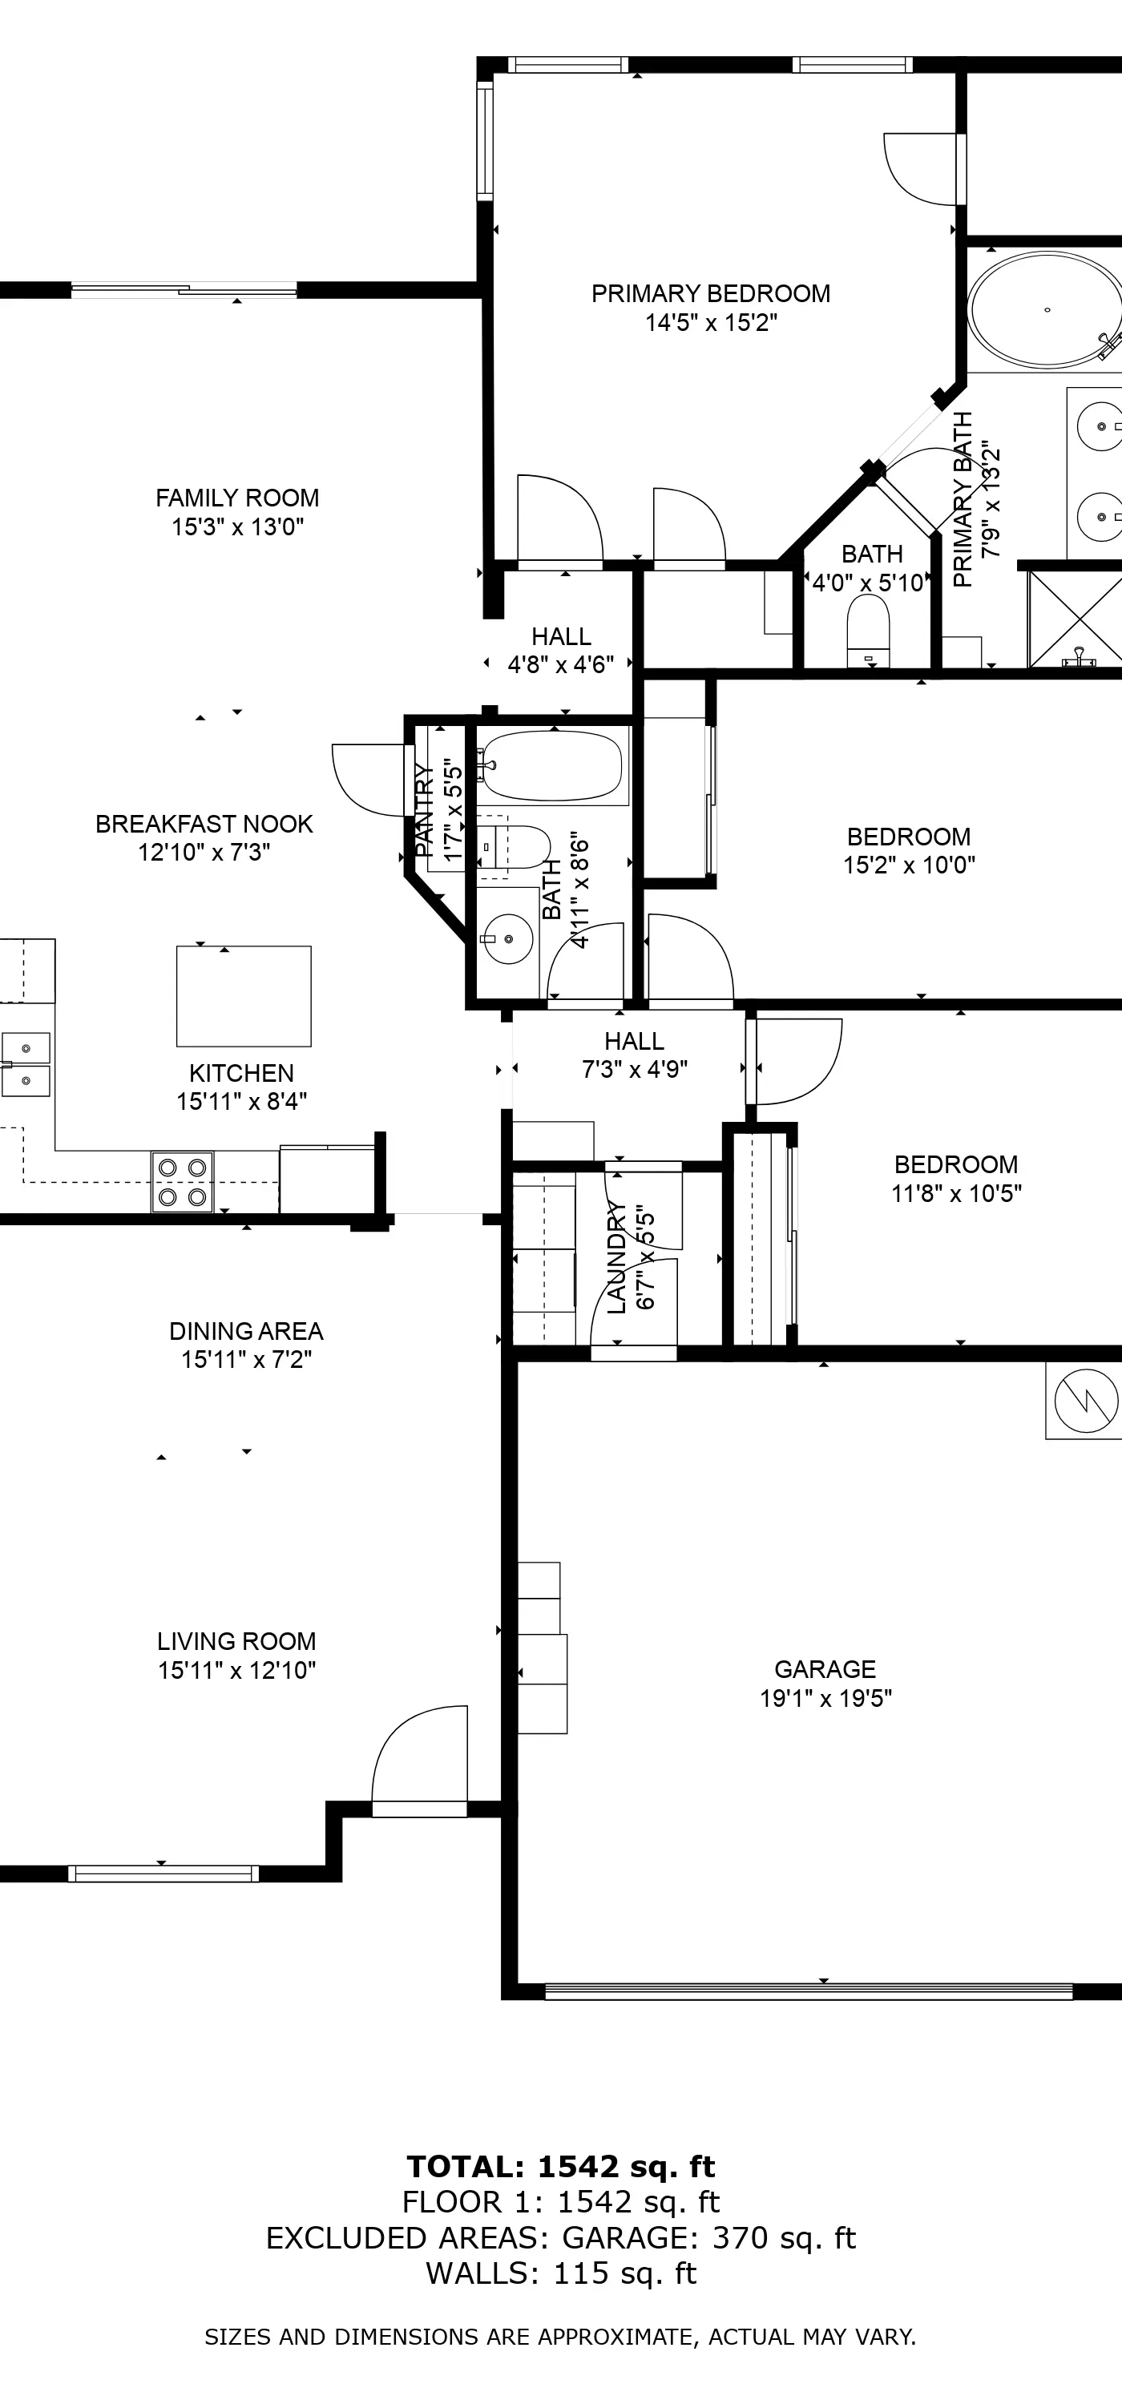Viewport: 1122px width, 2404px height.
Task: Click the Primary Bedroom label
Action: pos(710,294)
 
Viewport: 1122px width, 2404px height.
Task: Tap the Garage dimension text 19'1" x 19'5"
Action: pos(826,1697)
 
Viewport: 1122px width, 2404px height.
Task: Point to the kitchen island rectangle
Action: pos(244,996)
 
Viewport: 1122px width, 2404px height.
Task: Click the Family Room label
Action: pos(237,498)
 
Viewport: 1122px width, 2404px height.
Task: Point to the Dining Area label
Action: pos(246,1331)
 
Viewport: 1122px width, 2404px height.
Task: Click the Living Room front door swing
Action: pos(419,1759)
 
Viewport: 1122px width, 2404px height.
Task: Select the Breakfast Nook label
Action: pos(204,824)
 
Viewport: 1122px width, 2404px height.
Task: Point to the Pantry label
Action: pos(424,810)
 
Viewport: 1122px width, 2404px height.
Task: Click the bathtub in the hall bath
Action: pos(551,766)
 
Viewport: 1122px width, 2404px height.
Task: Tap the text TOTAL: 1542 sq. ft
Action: pos(561,2166)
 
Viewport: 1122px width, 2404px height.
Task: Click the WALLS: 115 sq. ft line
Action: pos(561,2274)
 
